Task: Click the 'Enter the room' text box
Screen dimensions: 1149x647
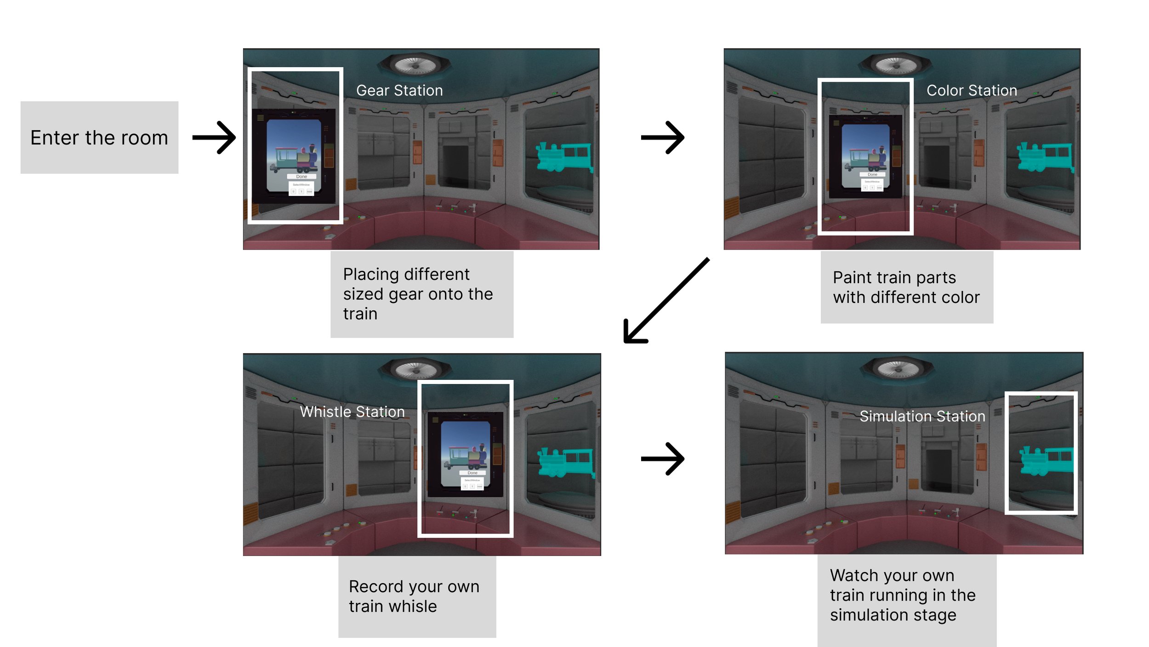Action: click(99, 137)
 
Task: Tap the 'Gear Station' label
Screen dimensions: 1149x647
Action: click(399, 91)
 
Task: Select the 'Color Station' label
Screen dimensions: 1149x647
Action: click(972, 91)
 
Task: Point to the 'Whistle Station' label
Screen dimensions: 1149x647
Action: click(352, 412)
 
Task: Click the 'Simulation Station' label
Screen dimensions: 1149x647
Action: click(922, 416)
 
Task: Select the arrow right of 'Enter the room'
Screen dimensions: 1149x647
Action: click(214, 137)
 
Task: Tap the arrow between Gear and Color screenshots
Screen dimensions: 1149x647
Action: click(662, 137)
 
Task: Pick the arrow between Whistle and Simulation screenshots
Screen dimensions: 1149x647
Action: click(662, 458)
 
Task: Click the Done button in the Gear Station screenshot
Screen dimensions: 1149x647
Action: click(301, 177)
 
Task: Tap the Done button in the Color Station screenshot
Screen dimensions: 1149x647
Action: click(872, 175)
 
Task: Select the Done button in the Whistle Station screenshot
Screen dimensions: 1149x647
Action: click(472, 473)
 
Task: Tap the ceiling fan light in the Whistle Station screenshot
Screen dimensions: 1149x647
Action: click(415, 369)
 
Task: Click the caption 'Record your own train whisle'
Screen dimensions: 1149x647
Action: click(414, 596)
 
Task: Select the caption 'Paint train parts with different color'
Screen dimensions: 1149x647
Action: click(906, 287)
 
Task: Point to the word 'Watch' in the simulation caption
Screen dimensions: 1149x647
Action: click(850, 575)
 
